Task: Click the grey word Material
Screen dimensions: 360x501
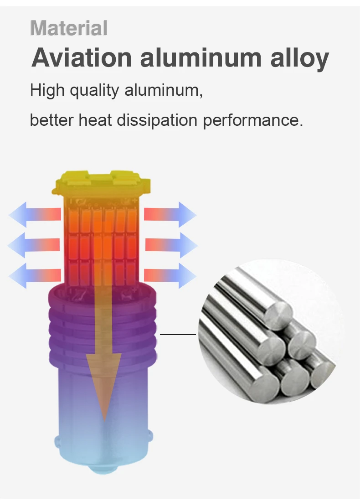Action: (x=69, y=28)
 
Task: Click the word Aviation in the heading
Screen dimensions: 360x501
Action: (x=82, y=58)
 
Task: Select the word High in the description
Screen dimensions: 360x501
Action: (x=47, y=90)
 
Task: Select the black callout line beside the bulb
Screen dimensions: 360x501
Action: (x=178, y=334)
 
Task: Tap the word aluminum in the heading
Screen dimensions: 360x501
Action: (x=200, y=58)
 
